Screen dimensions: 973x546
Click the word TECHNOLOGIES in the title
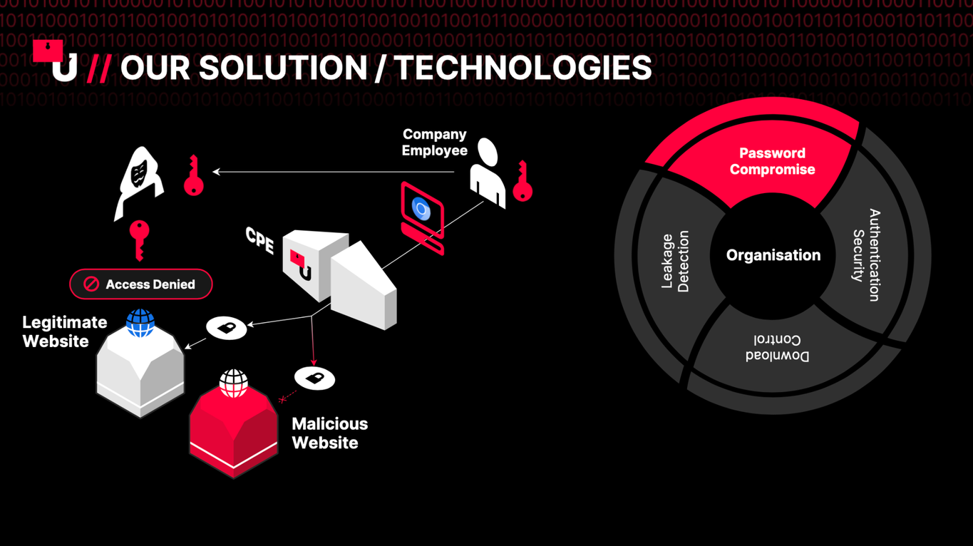(x=524, y=68)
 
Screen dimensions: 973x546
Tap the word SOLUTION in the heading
(x=283, y=68)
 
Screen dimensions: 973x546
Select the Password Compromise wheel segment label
(x=772, y=161)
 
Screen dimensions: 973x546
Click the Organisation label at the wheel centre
(x=773, y=255)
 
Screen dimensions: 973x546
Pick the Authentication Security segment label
(x=866, y=255)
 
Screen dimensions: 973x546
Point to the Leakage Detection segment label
(x=675, y=262)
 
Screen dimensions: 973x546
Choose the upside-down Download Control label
(x=777, y=348)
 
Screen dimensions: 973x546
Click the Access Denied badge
(x=140, y=284)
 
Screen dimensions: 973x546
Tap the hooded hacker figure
(x=138, y=183)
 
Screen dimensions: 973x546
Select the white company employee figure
(x=488, y=173)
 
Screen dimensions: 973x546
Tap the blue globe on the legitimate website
(x=140, y=323)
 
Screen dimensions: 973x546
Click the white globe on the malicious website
(x=233, y=383)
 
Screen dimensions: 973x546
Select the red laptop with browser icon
(x=422, y=218)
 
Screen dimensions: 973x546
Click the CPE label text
(x=259, y=240)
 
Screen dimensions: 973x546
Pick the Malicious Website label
(x=330, y=433)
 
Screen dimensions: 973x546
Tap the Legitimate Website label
(x=65, y=331)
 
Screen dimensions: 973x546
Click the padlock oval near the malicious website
(x=314, y=378)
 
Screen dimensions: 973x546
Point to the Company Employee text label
(x=434, y=142)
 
